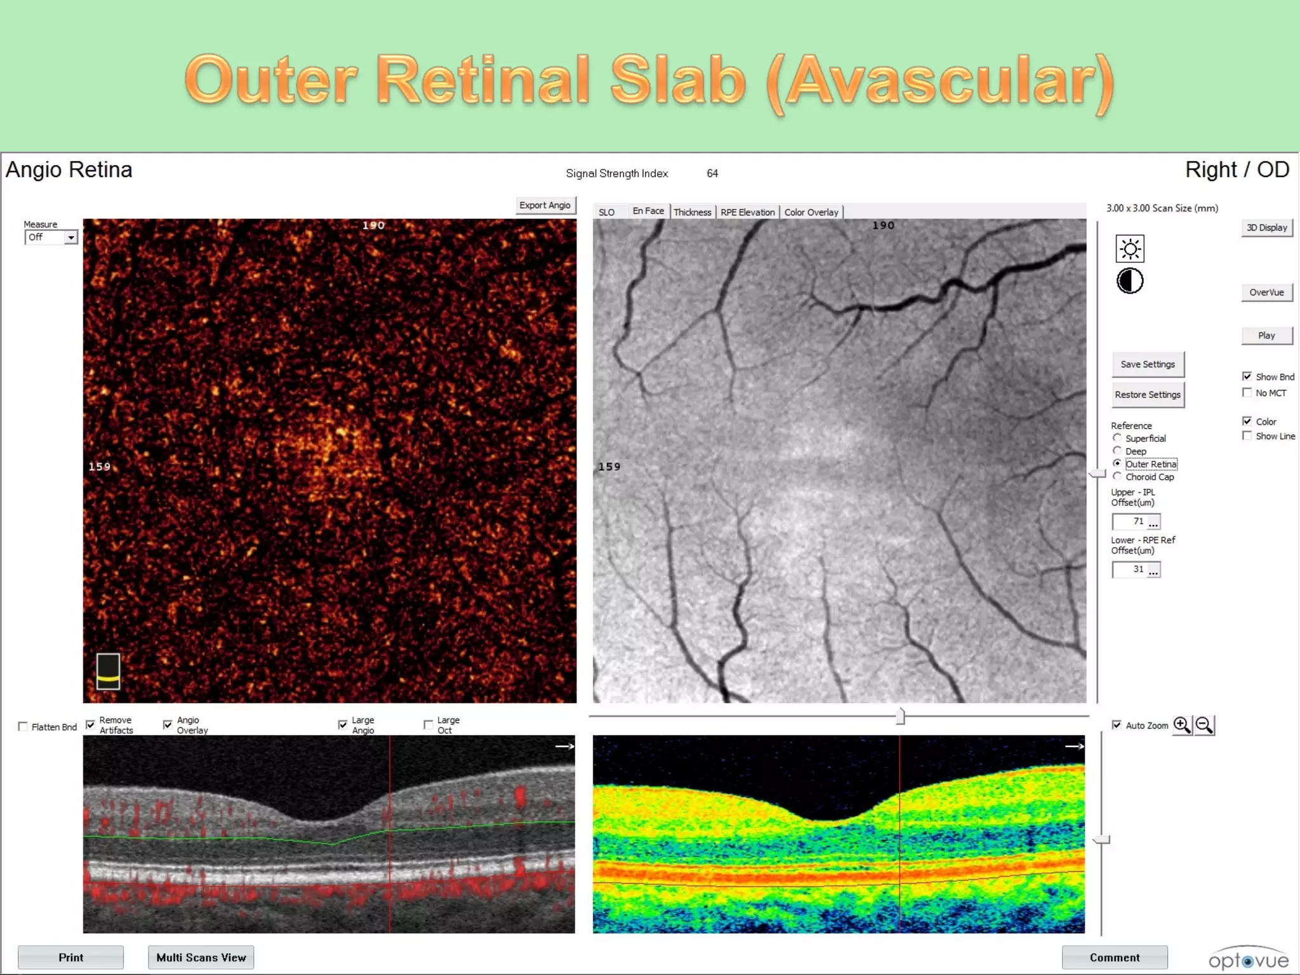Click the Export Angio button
(x=545, y=205)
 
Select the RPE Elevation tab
(x=747, y=212)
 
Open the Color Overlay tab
(x=811, y=212)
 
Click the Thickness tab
(x=692, y=212)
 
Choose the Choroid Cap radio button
(x=1117, y=476)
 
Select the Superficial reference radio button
(x=1117, y=438)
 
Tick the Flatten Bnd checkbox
(x=23, y=726)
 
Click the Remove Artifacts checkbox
(x=91, y=724)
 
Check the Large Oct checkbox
(x=428, y=724)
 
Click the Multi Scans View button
(x=201, y=957)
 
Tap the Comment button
(x=1114, y=957)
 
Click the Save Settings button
(x=1147, y=364)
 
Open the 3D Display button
(x=1266, y=228)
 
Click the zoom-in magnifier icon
(x=1182, y=725)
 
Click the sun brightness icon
(x=1130, y=249)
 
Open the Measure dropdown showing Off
(x=51, y=237)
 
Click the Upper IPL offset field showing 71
(x=1130, y=521)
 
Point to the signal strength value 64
(x=712, y=173)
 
